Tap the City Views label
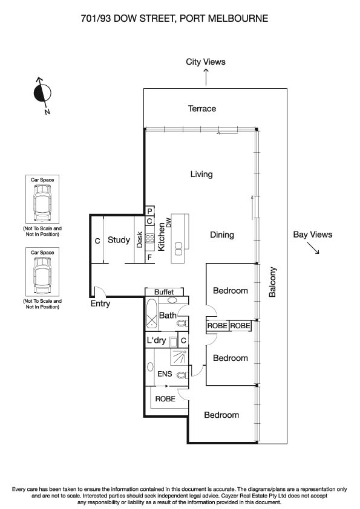pyautogui.click(x=206, y=62)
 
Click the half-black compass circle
pyautogui.click(x=42, y=93)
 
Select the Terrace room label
pyautogui.click(x=201, y=109)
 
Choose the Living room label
pyautogui.click(x=201, y=175)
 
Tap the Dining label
pyautogui.click(x=221, y=235)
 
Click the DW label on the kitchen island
pyautogui.click(x=169, y=222)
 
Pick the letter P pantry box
pyautogui.click(x=149, y=211)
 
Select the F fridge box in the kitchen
pyautogui.click(x=149, y=258)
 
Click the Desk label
pyautogui.click(x=139, y=240)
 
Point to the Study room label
pyautogui.click(x=119, y=240)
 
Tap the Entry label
pyautogui.click(x=100, y=303)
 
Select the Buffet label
pyautogui.click(x=164, y=292)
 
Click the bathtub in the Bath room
pyautogui.click(x=151, y=315)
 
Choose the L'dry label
pyautogui.click(x=157, y=341)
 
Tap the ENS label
pyautogui.click(x=164, y=375)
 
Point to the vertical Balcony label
pyautogui.click(x=273, y=282)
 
